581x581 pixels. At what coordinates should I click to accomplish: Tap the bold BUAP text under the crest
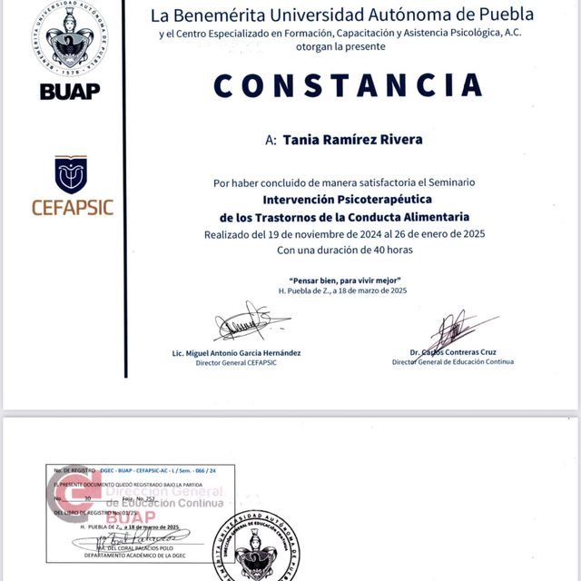[70, 91]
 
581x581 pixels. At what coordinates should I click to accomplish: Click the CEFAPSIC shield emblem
[71, 174]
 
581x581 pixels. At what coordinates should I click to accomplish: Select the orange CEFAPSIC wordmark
[73, 207]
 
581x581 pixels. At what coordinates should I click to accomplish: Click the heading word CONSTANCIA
[348, 85]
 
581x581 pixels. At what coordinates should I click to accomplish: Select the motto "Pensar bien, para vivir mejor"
[344, 280]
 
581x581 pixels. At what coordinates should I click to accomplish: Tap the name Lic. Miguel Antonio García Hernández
[236, 352]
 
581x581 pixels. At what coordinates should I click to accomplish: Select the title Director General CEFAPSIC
[236, 362]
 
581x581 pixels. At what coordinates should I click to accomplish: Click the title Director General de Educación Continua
[452, 361]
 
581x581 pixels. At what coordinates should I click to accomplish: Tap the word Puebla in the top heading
[511, 15]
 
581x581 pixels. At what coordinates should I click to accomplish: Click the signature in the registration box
[137, 540]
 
